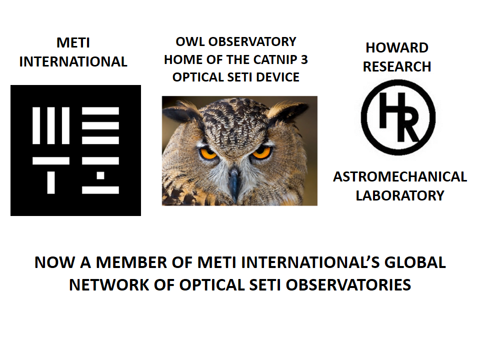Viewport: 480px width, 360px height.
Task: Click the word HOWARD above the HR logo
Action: click(x=396, y=48)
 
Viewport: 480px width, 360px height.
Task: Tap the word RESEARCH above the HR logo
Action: click(x=396, y=66)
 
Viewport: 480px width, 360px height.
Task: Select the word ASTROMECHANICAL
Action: click(x=400, y=177)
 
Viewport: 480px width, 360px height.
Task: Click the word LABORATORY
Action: click(x=400, y=195)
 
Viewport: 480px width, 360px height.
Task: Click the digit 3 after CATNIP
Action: click(x=304, y=59)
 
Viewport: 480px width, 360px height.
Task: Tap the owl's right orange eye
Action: click(x=261, y=152)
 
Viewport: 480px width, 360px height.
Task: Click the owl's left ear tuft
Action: click(x=181, y=111)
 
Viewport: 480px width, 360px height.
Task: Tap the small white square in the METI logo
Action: click(x=100, y=175)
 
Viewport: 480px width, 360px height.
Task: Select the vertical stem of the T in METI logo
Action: click(x=51, y=183)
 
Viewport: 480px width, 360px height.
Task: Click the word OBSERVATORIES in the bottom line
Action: click(x=348, y=285)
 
